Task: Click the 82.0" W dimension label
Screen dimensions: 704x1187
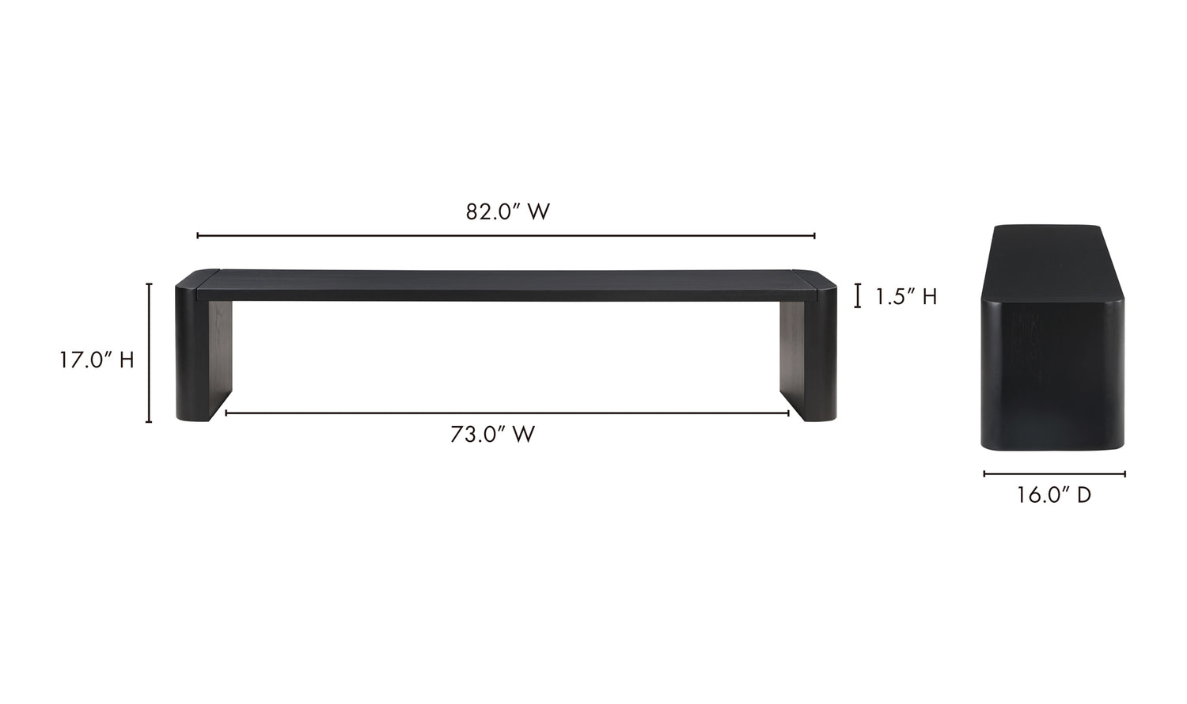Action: click(x=507, y=212)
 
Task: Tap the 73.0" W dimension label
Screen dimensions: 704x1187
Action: click(x=492, y=435)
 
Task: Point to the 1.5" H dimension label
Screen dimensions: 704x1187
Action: click(x=906, y=297)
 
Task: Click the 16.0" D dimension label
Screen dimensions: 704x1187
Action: click(x=1054, y=496)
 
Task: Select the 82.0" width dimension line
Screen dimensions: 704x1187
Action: click(x=506, y=236)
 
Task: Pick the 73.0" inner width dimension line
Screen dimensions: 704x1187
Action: click(x=506, y=413)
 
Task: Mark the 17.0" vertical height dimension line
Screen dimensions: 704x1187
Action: click(x=149, y=352)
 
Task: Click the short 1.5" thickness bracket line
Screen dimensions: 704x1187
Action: click(x=858, y=296)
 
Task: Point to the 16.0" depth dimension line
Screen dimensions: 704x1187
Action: click(x=1054, y=474)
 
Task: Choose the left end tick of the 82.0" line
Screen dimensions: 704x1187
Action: click(x=198, y=236)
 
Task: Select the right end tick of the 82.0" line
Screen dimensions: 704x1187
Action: click(x=814, y=236)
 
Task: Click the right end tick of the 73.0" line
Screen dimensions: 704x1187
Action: click(x=788, y=413)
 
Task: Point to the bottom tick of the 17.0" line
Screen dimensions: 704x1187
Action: click(x=149, y=422)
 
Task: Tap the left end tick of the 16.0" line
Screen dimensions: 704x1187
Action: click(x=984, y=474)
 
